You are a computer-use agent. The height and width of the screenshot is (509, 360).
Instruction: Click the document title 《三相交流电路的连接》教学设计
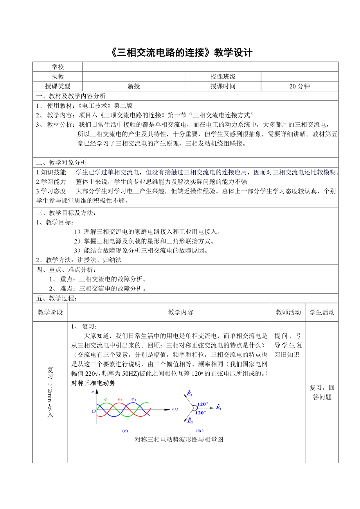pos(180,53)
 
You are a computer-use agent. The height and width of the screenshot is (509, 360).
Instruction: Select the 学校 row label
pos(58,67)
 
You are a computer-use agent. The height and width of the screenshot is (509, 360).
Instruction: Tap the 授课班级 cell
pos(223,77)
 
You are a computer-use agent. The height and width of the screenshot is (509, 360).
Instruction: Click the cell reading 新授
pos(133,86)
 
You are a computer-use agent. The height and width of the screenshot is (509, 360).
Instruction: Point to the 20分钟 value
pos(299,86)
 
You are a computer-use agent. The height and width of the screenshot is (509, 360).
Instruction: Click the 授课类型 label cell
pos(58,86)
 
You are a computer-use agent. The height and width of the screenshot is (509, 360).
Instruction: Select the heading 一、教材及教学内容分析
pos(71,96)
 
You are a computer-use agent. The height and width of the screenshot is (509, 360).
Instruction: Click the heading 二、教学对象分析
pos(61,163)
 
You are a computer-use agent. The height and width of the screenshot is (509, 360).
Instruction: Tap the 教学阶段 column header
pos(50,312)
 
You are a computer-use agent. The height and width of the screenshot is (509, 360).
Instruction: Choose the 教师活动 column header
pos(288,312)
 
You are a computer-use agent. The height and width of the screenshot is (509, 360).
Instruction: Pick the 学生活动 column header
pos(322,312)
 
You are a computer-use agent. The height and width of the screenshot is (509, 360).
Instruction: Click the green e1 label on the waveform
pos(106,399)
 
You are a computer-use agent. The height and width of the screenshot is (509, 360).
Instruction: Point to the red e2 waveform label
pos(120,399)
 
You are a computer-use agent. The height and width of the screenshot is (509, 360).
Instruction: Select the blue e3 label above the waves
pos(134,399)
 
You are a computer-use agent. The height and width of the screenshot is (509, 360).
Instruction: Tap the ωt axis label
pos(175,409)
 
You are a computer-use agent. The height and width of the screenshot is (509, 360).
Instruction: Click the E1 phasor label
pos(219,407)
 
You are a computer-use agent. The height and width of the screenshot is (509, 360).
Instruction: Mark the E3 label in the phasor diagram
pos(189,394)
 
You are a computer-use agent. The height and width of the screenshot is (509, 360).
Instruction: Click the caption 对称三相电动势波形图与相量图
pos(179,439)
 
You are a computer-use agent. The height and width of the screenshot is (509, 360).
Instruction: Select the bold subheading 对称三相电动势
pos(93,383)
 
